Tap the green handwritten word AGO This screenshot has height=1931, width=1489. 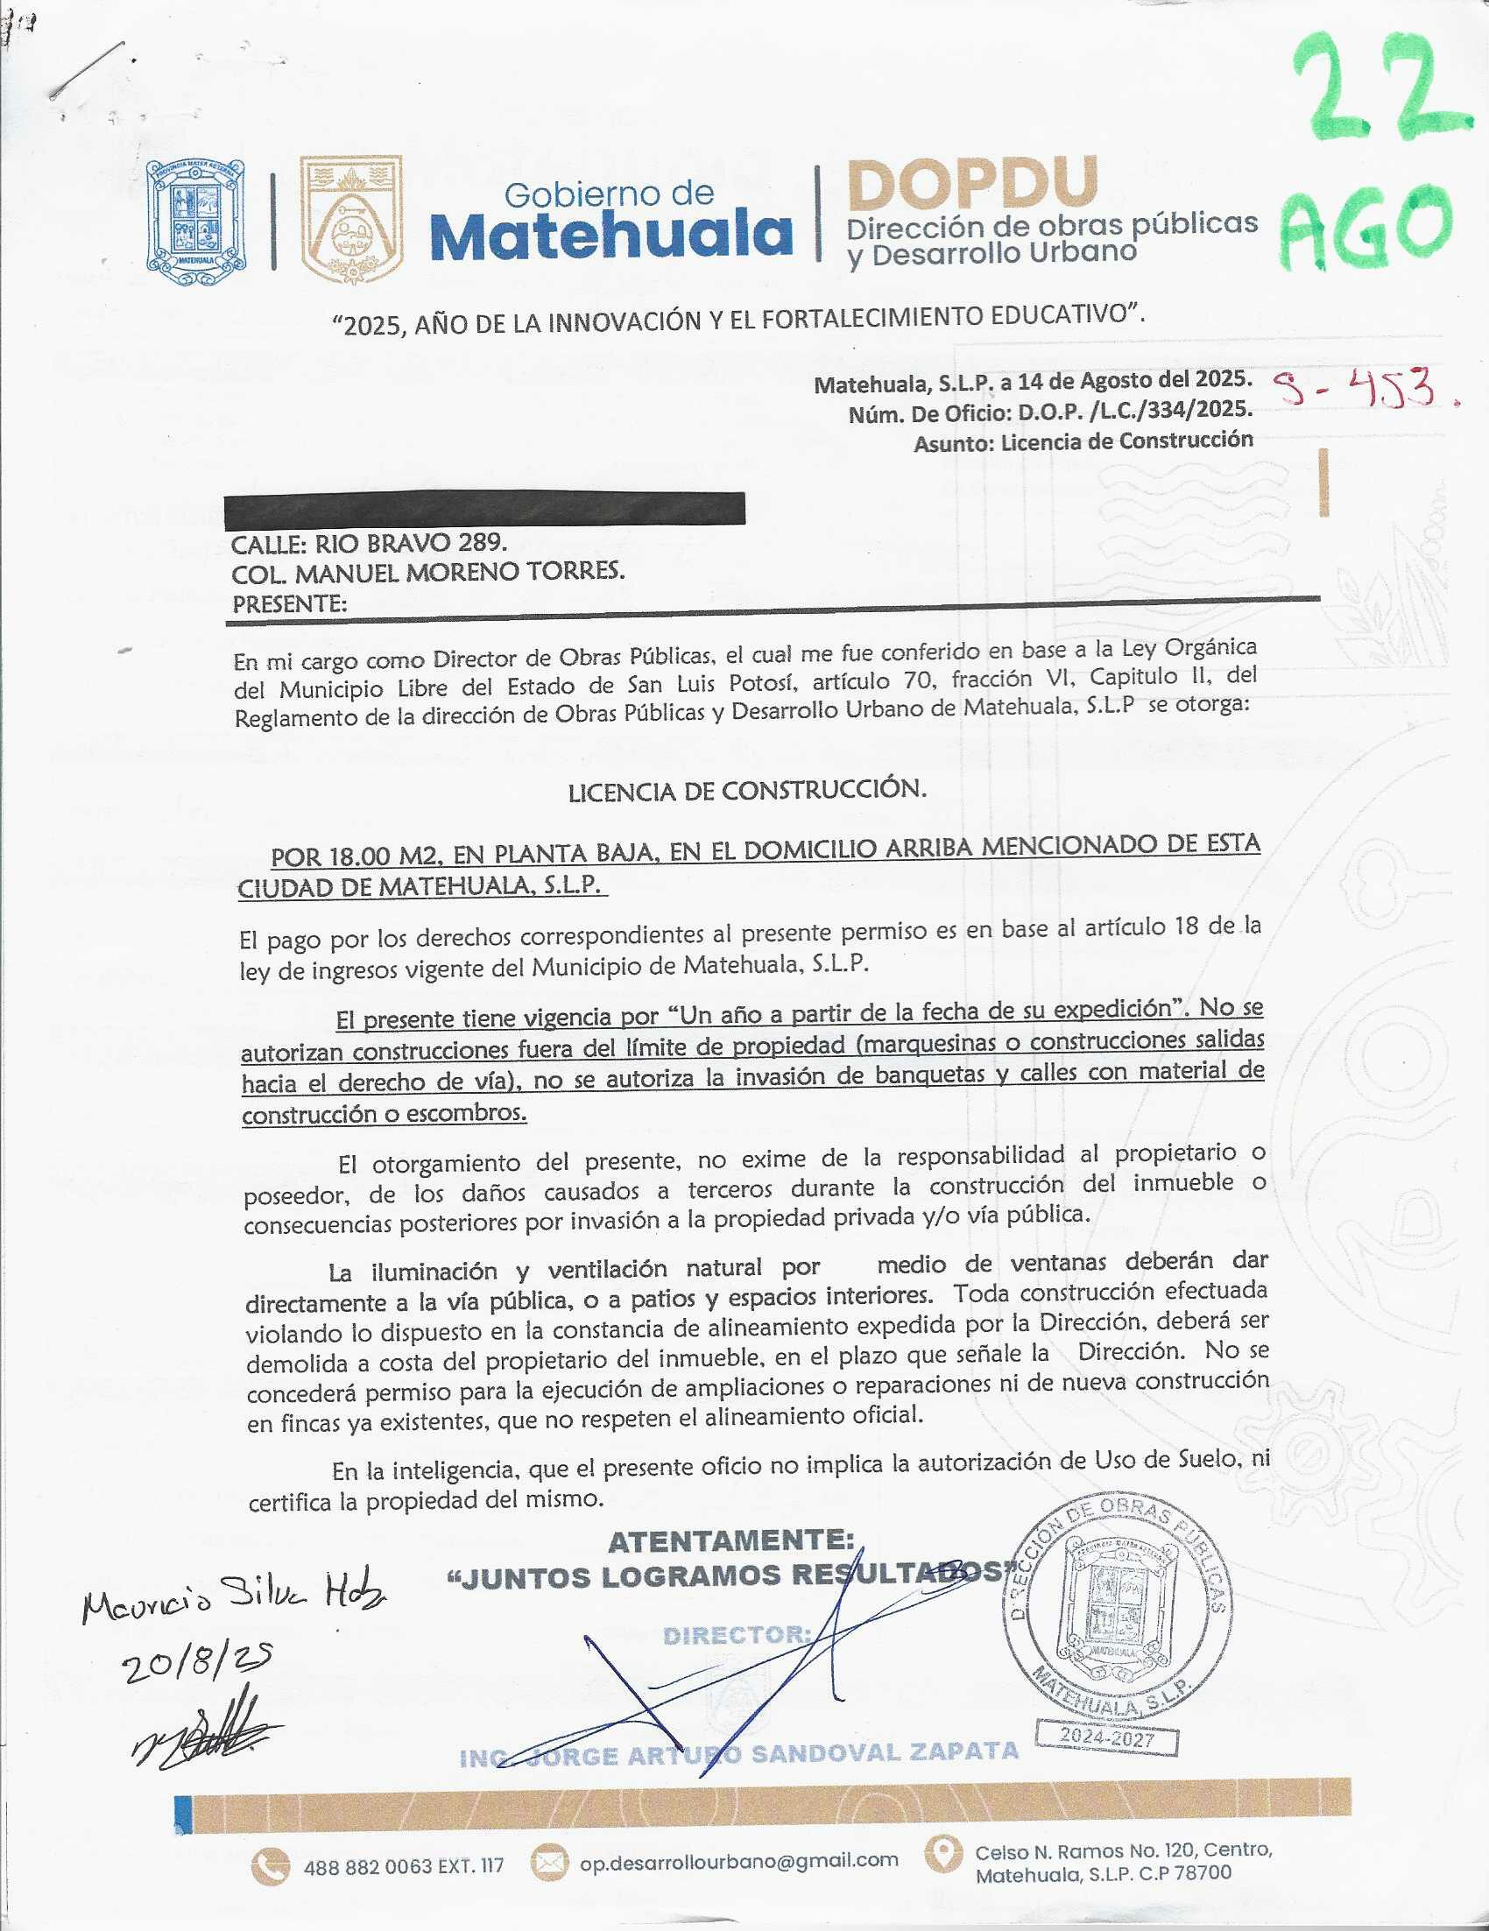pos(1366,225)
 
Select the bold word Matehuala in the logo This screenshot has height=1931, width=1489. pos(611,236)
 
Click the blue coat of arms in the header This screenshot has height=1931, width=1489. pos(195,222)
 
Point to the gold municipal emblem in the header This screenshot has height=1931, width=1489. pos(351,221)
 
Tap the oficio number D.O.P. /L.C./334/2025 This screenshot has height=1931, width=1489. pos(1134,411)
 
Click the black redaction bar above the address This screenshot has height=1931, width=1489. pos(484,510)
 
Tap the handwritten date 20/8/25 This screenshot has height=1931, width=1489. pos(197,1662)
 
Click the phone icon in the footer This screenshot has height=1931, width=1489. pos(270,1865)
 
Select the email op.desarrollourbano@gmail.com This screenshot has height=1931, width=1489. pos(739,1860)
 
